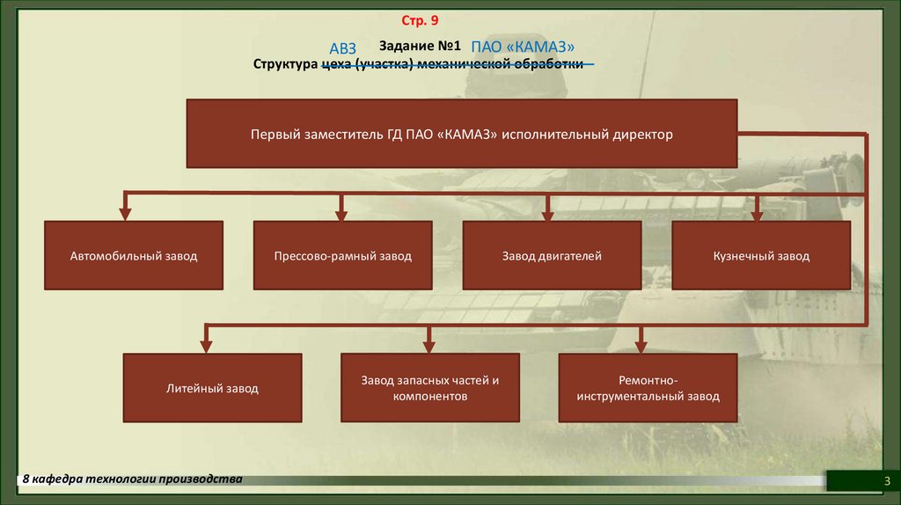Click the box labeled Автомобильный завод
click(x=134, y=256)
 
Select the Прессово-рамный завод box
click(x=342, y=256)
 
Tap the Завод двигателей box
click(x=552, y=256)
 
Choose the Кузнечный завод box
click(x=761, y=256)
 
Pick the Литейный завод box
click(x=212, y=388)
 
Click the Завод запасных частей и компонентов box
click(x=429, y=388)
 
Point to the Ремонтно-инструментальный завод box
click(x=648, y=388)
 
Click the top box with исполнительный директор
click(x=461, y=135)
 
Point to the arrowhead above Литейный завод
click(x=208, y=344)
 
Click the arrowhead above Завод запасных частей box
click(x=429, y=344)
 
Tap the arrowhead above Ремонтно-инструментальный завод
click(x=641, y=344)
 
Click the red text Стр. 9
click(x=419, y=19)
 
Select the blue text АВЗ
click(x=342, y=48)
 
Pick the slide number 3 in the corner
click(x=887, y=480)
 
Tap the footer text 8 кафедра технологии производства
click(x=132, y=479)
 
